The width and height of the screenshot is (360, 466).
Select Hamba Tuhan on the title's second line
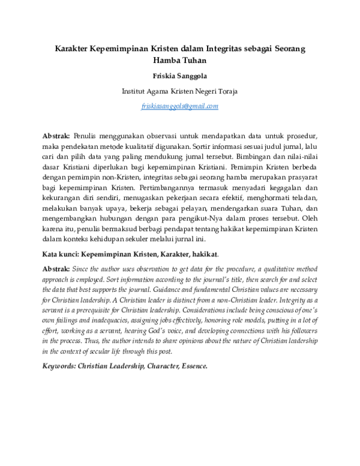pos(179,61)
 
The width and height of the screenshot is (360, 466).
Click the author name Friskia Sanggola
pos(179,77)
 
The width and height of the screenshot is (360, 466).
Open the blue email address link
pos(179,106)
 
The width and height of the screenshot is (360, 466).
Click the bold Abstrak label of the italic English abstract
pos(56,270)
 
